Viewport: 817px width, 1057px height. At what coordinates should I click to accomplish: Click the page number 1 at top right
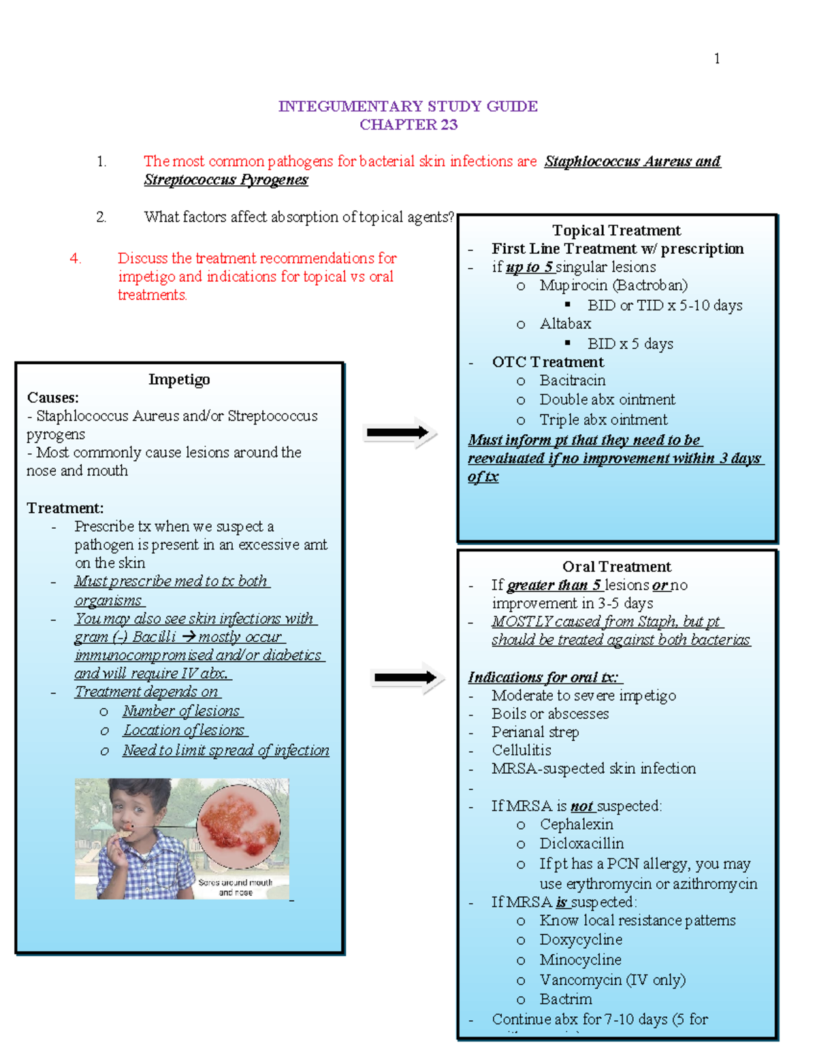click(717, 59)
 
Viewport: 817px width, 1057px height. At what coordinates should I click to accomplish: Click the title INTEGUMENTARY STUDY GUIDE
click(408, 106)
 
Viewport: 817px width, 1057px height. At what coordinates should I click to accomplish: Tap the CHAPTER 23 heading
click(408, 125)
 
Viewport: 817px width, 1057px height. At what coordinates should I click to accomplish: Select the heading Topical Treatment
click(616, 230)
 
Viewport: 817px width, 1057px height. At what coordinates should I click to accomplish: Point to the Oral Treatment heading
click(616, 566)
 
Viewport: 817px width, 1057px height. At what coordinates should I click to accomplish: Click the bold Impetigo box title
click(179, 379)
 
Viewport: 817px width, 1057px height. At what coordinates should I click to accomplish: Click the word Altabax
click(565, 324)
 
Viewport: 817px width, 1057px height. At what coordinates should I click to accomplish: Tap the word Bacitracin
click(572, 380)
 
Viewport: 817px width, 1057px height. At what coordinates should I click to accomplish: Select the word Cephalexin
click(576, 824)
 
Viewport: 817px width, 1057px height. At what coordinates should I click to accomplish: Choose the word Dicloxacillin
click(581, 843)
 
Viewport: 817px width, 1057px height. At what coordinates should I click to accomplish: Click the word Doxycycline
click(581, 940)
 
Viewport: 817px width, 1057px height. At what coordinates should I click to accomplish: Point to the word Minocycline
click(580, 960)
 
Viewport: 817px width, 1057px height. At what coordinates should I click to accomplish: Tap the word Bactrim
click(566, 999)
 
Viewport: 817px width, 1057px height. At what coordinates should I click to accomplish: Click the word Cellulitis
click(522, 750)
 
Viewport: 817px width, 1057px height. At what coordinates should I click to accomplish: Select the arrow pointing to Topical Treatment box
click(399, 433)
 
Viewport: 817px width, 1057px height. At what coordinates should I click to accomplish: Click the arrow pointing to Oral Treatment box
click(406, 677)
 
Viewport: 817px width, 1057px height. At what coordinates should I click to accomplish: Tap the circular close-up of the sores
click(238, 824)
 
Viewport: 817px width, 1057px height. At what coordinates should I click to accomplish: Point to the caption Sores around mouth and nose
click(236, 887)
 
